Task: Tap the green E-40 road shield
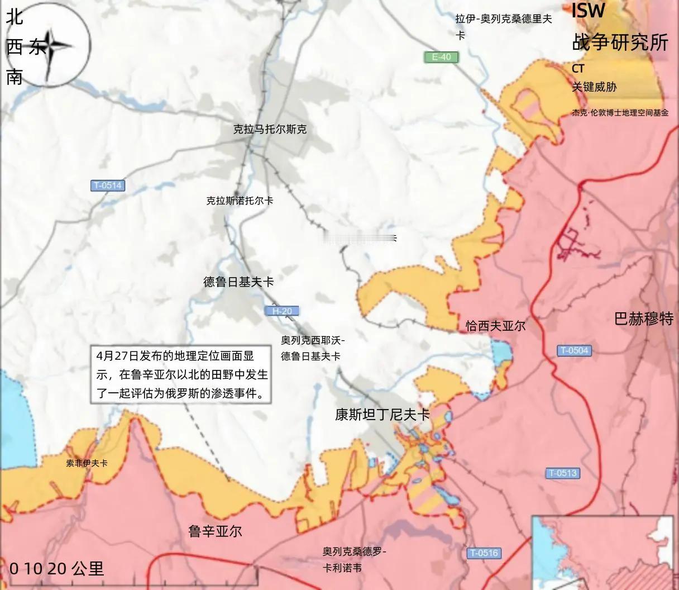tap(441, 57)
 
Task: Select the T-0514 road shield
tap(107, 185)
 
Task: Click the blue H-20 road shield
tap(282, 311)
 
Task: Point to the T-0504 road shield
tap(573, 351)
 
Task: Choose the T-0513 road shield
tap(562, 473)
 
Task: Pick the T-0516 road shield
tap(484, 553)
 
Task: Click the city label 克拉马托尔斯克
tap(270, 130)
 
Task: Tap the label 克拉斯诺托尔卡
tap(240, 201)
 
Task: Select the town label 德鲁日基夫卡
tap(238, 282)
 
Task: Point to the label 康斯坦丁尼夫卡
tap(382, 415)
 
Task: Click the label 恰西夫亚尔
tap(495, 326)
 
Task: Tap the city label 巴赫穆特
tap(643, 319)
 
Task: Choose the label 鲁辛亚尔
tap(215, 531)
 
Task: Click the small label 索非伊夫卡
tap(87, 463)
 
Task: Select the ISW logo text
tap(588, 10)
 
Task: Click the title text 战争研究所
tap(620, 42)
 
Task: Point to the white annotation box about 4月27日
tap(181, 374)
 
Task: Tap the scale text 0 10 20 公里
tap(57, 569)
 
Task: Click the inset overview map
tap(604, 552)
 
